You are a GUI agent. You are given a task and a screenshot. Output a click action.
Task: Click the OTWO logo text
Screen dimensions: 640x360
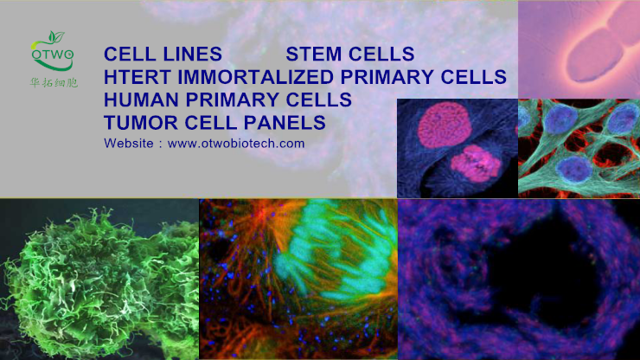[x=52, y=55]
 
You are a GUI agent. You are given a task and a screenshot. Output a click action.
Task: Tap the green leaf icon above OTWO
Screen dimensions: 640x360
[x=56, y=36]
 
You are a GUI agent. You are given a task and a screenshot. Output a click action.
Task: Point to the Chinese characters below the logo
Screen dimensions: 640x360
[x=54, y=82]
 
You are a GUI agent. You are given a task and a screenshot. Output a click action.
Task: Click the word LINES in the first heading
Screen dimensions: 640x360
[x=192, y=54]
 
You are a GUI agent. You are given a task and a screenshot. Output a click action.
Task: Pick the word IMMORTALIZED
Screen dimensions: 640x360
[x=255, y=77]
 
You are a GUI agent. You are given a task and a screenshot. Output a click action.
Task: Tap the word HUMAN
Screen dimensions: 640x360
[x=141, y=100]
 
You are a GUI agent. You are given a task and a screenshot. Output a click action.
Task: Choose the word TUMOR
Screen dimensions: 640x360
[x=141, y=123]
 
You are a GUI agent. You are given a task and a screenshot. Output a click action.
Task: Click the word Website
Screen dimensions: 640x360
[x=129, y=144]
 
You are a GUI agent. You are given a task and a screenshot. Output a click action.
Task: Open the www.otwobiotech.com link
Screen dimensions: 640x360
[x=236, y=144]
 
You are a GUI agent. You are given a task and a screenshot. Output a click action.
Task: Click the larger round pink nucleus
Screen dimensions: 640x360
[x=445, y=125]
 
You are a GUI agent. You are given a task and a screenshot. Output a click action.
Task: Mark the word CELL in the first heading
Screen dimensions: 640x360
[x=131, y=54]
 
